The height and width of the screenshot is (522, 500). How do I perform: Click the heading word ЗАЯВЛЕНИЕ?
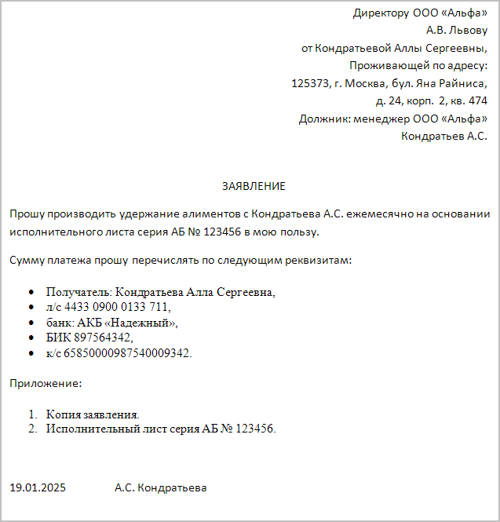(x=254, y=186)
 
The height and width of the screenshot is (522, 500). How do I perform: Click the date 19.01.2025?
(x=38, y=487)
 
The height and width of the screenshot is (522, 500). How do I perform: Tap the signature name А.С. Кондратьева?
(x=160, y=487)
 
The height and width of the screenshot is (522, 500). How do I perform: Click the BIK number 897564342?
(x=103, y=337)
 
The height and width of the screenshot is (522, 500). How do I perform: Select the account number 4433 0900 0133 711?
(x=115, y=307)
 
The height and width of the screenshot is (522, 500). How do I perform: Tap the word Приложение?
(x=45, y=384)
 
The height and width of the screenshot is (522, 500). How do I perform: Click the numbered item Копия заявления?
(x=93, y=414)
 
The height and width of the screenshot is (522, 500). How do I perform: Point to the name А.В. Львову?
(x=457, y=31)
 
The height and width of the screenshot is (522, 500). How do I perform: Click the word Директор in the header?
(x=381, y=13)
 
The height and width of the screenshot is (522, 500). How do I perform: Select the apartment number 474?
(x=477, y=100)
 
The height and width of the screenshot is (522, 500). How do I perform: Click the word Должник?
(x=323, y=119)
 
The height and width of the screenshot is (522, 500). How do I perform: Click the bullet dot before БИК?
(x=30, y=338)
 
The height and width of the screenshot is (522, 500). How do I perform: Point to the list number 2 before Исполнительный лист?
(x=32, y=429)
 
